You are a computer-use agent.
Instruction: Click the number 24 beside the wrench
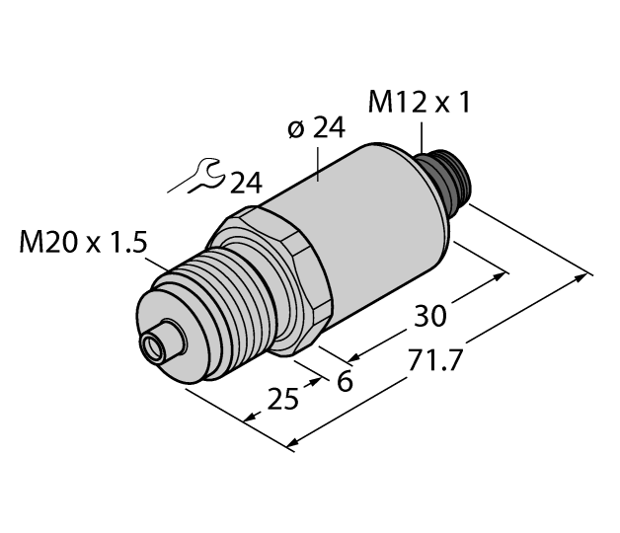tap(249, 183)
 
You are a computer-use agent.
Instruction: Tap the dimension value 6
tap(345, 381)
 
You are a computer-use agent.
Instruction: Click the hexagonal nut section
tap(281, 277)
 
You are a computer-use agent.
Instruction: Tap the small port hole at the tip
tap(154, 347)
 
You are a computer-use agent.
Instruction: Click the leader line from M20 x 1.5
tap(164, 269)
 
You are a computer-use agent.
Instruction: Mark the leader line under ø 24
tap(318, 163)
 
